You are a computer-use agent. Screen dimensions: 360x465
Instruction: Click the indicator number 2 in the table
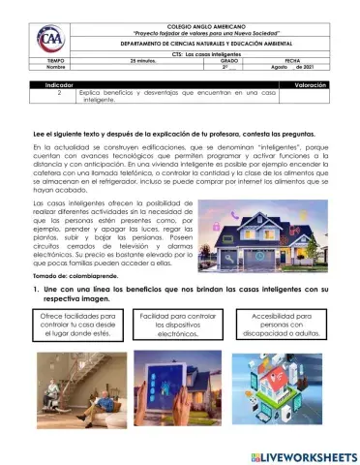coord(60,95)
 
